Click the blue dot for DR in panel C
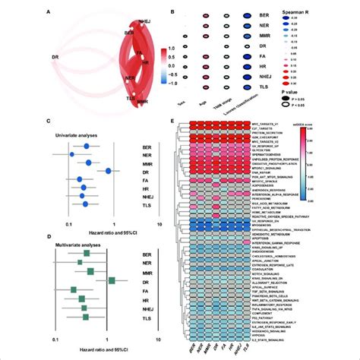(109, 172)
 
